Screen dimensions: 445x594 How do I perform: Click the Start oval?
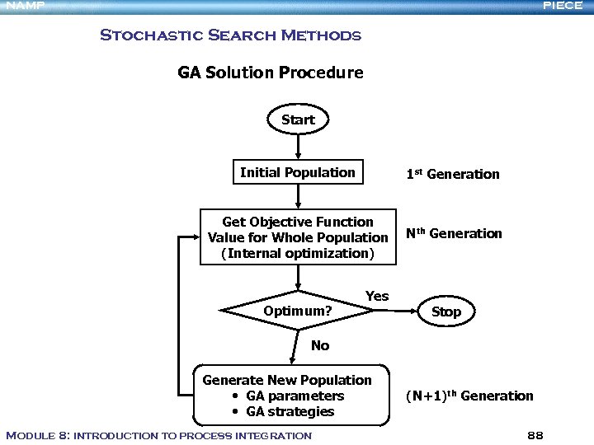tap(298, 119)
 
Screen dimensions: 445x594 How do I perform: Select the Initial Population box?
tap(297, 173)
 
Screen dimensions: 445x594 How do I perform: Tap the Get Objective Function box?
tap(298, 237)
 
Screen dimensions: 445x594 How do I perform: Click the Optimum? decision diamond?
tap(297, 311)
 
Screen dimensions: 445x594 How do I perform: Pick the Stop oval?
tap(446, 311)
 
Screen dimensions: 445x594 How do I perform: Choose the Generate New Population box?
tap(288, 396)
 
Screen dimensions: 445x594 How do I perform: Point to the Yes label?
tap(376, 296)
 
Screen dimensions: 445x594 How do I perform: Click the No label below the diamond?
tap(320, 345)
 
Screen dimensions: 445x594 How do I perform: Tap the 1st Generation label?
tap(452, 174)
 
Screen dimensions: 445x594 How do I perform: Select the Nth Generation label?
tap(454, 233)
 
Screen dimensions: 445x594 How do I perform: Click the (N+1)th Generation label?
tap(469, 396)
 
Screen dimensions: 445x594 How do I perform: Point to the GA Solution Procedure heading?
tap(271, 73)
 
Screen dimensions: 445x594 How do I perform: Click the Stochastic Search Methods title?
tap(230, 35)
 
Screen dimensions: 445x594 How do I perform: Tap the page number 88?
tap(535, 434)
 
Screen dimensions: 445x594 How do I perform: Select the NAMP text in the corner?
tap(23, 6)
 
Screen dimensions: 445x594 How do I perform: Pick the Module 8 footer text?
tap(158, 435)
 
